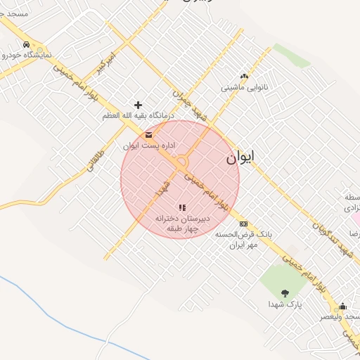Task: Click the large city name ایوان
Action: pos(241,157)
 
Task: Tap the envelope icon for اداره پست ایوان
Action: pos(148,135)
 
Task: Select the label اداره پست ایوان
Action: pos(148,146)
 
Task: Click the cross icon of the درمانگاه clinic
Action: pos(138,105)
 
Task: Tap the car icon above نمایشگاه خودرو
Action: pos(27,45)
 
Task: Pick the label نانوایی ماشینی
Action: pos(244,88)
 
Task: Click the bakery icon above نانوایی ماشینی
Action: pos(244,77)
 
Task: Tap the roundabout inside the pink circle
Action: pos(183,161)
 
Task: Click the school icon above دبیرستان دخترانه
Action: pos(182,207)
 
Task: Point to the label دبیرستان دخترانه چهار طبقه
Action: pos(178,223)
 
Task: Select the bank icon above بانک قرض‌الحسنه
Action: pos(243,224)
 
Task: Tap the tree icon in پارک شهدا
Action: pos(285,292)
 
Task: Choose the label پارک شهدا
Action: pos(285,304)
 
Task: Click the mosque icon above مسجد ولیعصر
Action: pos(342,306)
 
